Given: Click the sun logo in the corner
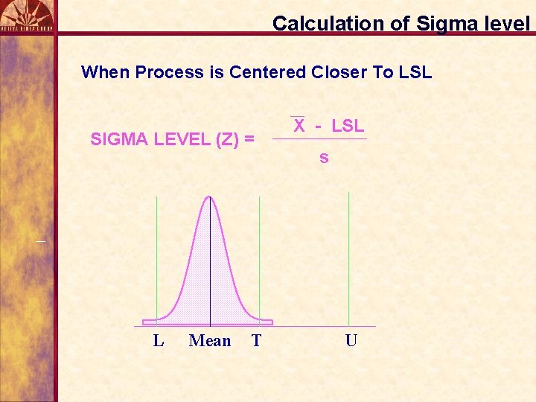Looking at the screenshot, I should coord(27,13).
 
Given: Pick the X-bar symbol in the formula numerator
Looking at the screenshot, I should coord(299,126).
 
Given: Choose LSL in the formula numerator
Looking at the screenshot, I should coord(348,126).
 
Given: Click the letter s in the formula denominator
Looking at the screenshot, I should coord(324,158).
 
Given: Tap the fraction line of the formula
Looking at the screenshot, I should coord(319,139).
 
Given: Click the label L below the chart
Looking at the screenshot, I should coord(158,341).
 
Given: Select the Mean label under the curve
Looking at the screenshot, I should coord(210,341).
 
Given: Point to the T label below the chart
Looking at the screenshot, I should coord(256,341).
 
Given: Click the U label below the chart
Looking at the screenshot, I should coord(351,341).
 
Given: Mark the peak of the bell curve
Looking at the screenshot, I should coord(210,197).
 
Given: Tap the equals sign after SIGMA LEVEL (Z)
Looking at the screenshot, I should coord(249,139).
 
